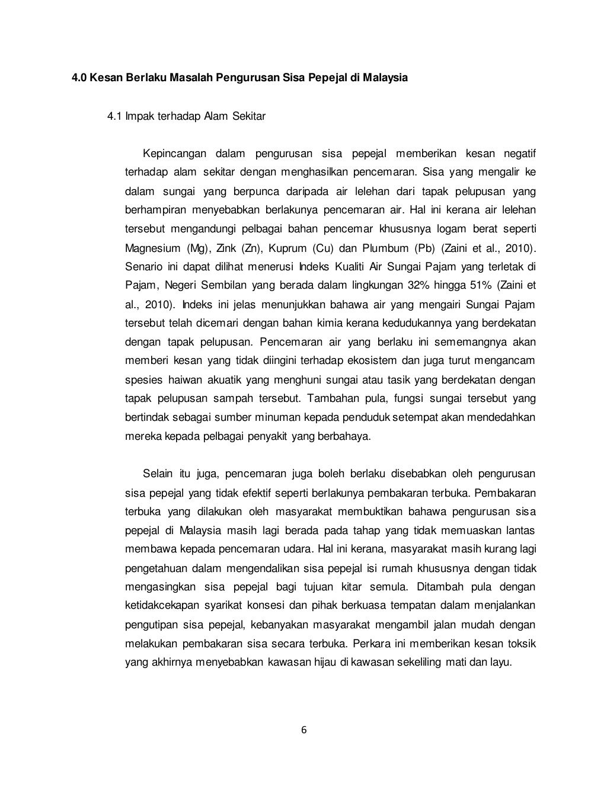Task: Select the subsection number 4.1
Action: tap(114, 116)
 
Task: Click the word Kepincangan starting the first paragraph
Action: tap(175, 154)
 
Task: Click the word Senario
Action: tap(142, 267)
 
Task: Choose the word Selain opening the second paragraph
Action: tap(158, 474)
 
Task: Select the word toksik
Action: tap(521, 644)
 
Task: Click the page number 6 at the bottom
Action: tap(303, 730)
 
